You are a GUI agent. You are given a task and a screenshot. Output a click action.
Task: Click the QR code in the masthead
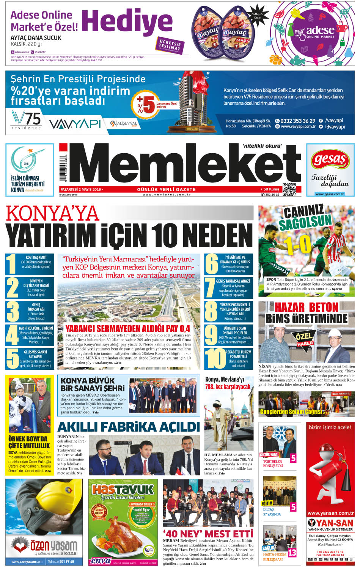coord(289,189)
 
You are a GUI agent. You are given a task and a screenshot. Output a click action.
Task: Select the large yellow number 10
coord(216,358)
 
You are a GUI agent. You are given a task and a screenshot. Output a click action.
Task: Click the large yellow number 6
coord(211,264)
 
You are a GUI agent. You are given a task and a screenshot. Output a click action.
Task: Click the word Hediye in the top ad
coord(127,22)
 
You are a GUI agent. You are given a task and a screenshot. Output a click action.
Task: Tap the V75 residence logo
coord(26,119)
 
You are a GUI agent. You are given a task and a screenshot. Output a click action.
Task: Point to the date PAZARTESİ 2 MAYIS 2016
coord(81,189)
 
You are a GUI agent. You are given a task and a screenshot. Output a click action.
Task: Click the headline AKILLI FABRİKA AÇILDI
coord(129,427)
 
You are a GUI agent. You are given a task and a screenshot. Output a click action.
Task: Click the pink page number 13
coord(292,553)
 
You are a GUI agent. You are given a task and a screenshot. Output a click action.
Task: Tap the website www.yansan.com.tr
coord(330,513)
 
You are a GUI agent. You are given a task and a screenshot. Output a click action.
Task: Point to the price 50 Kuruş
coord(270,189)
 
